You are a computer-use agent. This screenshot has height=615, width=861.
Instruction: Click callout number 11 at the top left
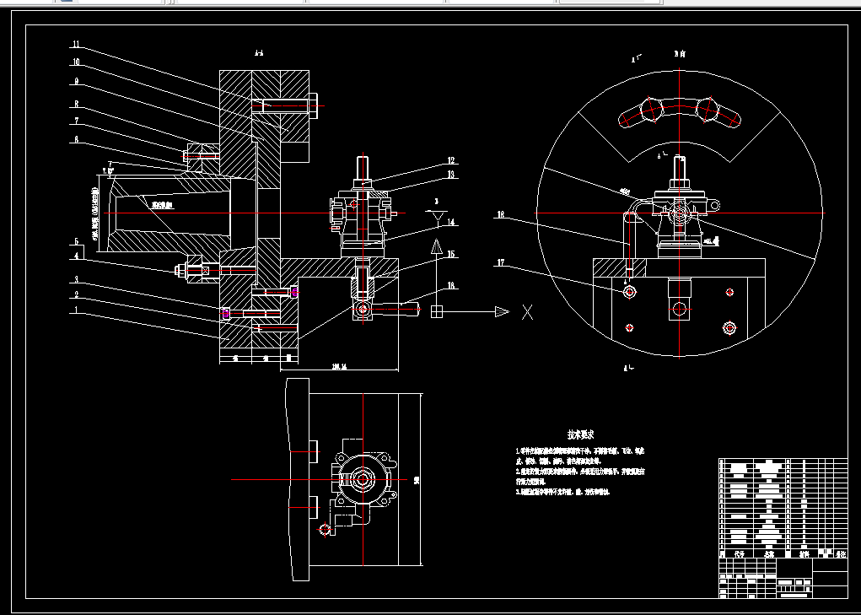coord(76,44)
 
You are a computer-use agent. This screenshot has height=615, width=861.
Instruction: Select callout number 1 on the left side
coord(76,310)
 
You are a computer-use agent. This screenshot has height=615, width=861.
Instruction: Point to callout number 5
coord(76,242)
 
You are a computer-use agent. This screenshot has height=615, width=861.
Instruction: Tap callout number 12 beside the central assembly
coord(451,160)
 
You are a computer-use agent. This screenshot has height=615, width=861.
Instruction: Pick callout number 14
coord(451,223)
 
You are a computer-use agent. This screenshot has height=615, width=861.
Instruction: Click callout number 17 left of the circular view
coord(500,262)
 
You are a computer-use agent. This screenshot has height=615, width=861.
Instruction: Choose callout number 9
coord(76,82)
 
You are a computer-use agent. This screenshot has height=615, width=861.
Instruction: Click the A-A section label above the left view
coord(259,53)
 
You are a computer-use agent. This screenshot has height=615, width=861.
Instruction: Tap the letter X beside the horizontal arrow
coord(528,313)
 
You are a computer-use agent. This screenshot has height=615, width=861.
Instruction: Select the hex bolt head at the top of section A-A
coord(312,106)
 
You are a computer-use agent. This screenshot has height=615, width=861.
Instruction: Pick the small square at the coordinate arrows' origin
coord(437,312)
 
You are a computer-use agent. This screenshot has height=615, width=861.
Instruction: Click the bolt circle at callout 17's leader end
coord(630,291)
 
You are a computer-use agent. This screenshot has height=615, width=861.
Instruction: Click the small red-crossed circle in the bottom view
coord(325,530)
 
